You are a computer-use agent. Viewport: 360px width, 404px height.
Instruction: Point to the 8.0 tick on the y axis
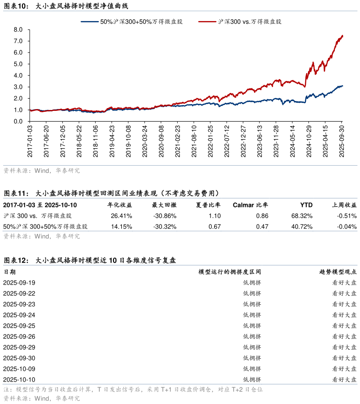tap(18, 30)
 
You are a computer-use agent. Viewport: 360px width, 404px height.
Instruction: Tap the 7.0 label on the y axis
tap(18, 41)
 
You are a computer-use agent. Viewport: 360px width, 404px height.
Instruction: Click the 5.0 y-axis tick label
tap(18, 64)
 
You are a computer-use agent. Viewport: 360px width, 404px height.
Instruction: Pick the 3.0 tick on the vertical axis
tap(18, 87)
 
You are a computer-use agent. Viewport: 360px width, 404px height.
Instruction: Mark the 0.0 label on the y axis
tap(18, 121)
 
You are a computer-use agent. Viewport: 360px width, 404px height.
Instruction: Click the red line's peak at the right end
tap(342, 35)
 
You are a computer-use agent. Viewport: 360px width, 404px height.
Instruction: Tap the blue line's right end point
tap(342, 86)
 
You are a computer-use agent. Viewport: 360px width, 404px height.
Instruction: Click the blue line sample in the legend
tap(90, 21)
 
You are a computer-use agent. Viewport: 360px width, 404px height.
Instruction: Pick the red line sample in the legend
tap(207, 21)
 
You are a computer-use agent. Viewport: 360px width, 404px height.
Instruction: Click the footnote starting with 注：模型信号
tap(133, 390)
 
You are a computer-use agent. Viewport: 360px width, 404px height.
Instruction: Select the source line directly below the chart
tap(42, 171)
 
